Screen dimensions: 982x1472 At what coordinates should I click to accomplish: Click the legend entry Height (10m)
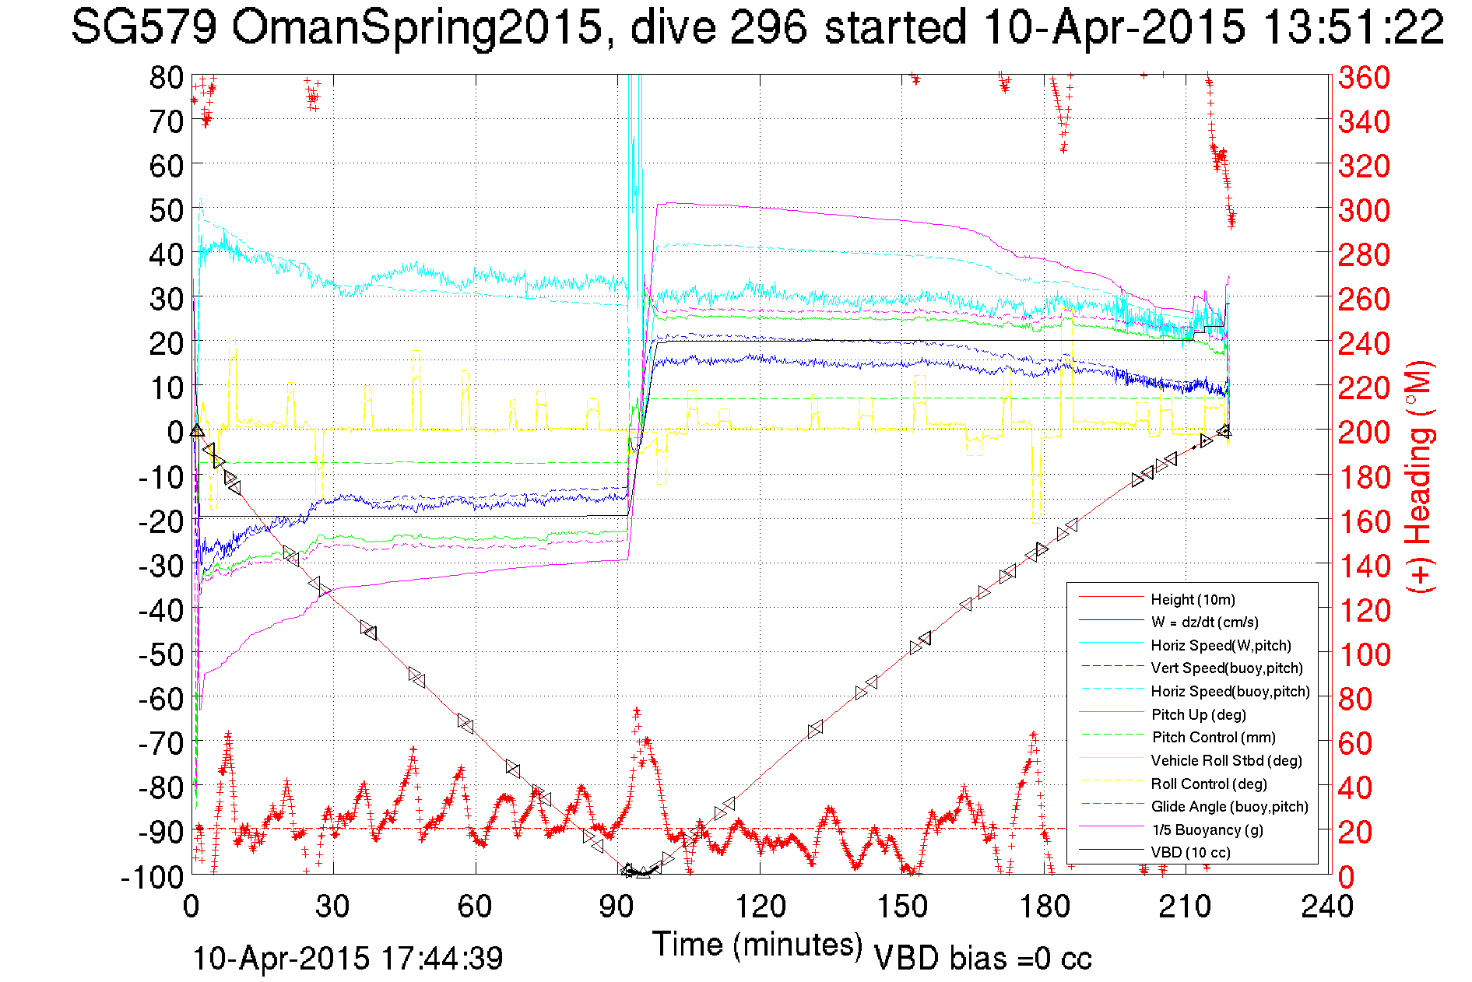1193,599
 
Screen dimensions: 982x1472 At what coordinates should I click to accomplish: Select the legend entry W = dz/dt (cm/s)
1204,622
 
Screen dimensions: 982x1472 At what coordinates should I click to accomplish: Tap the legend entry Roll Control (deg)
1209,784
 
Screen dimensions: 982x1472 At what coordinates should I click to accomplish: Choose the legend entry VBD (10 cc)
1190,852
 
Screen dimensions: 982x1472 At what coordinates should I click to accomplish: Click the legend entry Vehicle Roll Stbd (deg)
1227,760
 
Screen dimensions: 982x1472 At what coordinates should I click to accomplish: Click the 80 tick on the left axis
166,77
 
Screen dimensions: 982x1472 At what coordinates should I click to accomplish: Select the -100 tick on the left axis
152,877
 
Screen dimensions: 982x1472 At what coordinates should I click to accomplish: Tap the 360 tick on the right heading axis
1364,77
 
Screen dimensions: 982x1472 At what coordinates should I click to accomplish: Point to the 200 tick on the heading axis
1364,432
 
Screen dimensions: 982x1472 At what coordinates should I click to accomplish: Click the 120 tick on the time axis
760,906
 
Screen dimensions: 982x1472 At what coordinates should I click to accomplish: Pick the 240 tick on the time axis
1327,906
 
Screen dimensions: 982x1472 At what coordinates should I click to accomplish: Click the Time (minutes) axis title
757,945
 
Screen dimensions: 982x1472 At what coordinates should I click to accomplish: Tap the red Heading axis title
1418,476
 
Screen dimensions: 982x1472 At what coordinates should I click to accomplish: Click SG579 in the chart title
145,28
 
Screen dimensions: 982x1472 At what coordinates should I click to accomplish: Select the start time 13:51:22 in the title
1353,28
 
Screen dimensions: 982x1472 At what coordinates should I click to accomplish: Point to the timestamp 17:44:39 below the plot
442,958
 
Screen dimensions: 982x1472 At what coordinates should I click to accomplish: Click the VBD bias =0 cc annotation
982,959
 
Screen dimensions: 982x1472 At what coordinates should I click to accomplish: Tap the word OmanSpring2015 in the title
416,28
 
